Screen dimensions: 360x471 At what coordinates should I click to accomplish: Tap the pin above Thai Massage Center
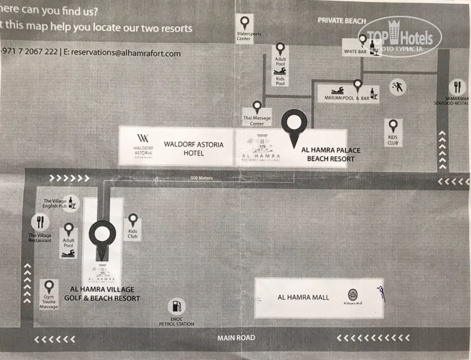(257, 107)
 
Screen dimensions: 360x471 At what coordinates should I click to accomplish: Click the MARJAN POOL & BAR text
(343, 97)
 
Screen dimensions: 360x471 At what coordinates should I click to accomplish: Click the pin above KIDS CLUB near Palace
(392, 125)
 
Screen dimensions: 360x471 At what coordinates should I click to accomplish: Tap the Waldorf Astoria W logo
(143, 139)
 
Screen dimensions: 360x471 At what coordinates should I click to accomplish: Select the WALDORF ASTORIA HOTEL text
(184, 149)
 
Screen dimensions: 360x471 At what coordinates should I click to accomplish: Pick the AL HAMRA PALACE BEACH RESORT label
(331, 154)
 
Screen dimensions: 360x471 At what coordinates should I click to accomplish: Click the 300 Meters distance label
(202, 177)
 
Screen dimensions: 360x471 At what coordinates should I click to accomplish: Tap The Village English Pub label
(55, 204)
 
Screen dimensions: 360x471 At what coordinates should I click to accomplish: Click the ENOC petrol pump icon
(175, 306)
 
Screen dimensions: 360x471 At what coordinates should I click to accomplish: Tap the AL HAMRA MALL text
(303, 298)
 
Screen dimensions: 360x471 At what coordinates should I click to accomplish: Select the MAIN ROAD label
(236, 338)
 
